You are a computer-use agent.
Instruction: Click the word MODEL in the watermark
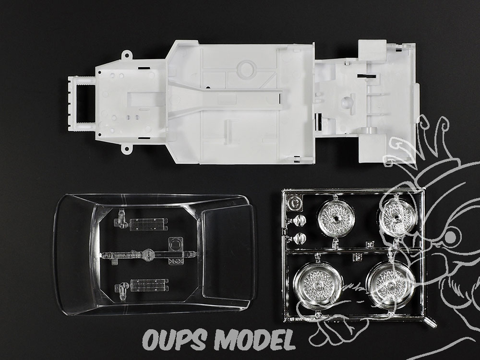point(255,339)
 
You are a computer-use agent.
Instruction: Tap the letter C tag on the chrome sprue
point(295,203)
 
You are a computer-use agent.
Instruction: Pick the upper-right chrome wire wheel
point(397,216)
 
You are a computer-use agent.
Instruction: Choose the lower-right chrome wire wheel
point(391,283)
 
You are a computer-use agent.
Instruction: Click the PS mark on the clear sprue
point(175,262)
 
